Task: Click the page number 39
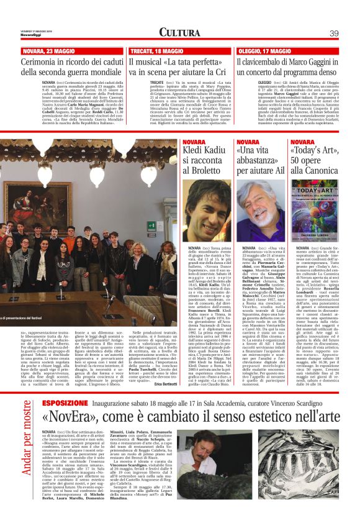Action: [333, 33]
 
